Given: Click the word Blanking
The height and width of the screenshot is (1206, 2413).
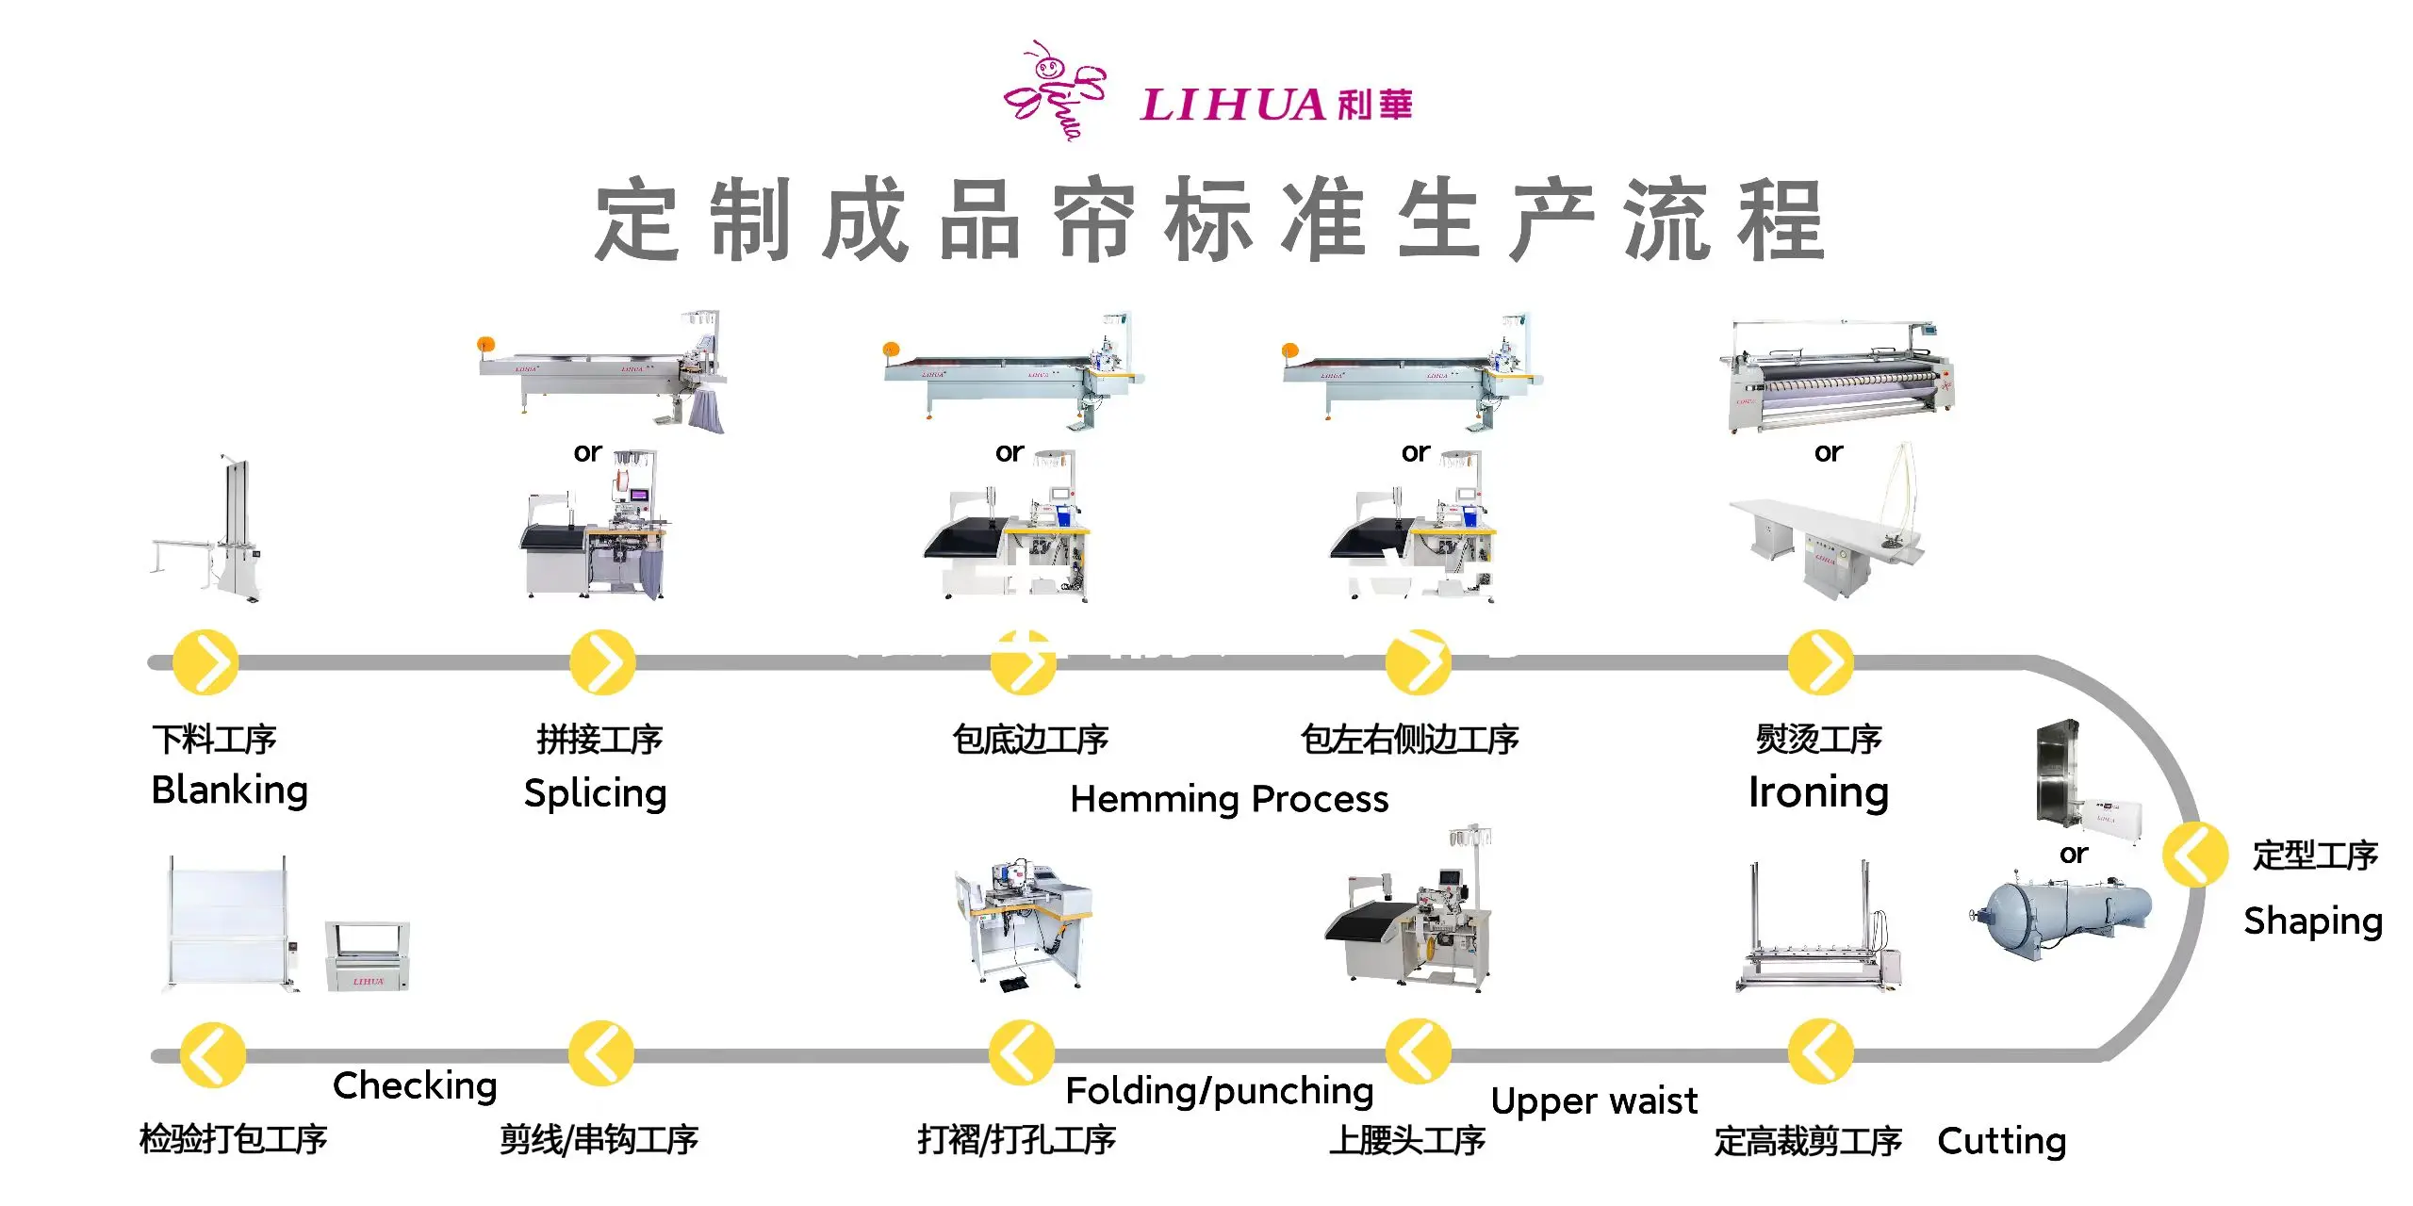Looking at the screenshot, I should coord(229,790).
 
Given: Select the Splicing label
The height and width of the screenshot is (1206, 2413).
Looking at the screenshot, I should coord(595,793).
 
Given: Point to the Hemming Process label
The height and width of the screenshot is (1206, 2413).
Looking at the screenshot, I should coord(1229,799).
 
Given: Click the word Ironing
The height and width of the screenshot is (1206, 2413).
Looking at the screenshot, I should coord(1818,792).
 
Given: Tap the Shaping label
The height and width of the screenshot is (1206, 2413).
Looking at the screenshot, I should coord(2313,921).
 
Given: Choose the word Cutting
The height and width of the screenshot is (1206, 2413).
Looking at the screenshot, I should coord(2001,1141).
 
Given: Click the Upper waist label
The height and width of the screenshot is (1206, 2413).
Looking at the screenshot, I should coord(1594,1100).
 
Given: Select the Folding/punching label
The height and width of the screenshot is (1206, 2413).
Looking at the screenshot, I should coord(1219,1091).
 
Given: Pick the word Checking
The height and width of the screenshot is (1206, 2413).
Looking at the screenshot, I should coord(415,1085).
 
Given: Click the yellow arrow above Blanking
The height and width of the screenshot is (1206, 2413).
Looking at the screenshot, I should coord(205,662).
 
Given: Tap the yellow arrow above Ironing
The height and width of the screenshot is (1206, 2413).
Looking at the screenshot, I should coord(1820,662).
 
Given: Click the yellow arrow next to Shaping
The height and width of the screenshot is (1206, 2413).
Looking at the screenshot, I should coord(2194,855).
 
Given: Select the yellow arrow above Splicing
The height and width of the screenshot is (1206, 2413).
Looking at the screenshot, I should coord(602,662).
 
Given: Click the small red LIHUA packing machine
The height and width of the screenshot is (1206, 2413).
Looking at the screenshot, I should coord(368,955).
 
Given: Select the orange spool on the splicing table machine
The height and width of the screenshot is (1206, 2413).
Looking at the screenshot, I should coord(485,344).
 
